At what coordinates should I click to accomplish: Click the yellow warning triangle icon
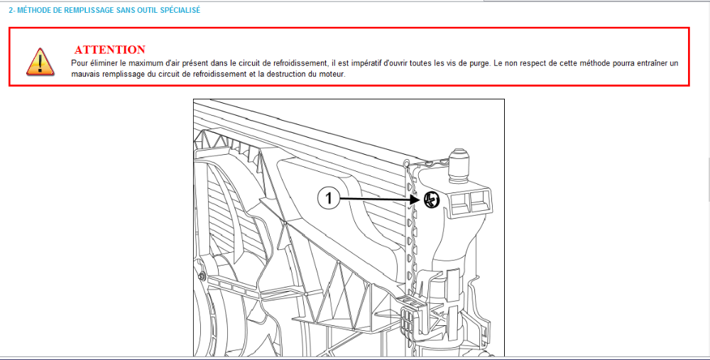[40, 62]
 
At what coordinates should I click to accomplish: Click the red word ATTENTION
[110, 50]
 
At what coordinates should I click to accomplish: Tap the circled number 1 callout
[328, 198]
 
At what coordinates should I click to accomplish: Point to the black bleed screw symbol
[432, 200]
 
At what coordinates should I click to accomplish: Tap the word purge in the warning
[480, 64]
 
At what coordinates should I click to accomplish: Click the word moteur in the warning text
[334, 75]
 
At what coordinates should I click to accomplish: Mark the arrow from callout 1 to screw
[379, 198]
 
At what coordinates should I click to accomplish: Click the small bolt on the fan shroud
[202, 276]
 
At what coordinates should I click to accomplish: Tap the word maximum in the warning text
[134, 63]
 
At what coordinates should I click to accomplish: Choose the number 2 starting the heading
[11, 10]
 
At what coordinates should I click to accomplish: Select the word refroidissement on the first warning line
[297, 63]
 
